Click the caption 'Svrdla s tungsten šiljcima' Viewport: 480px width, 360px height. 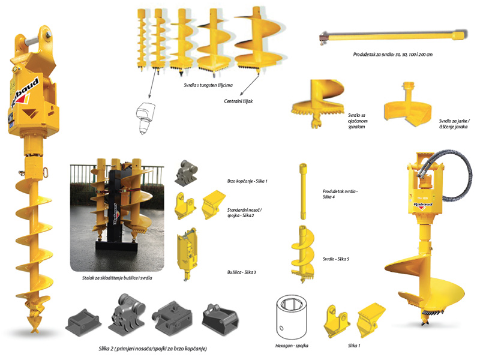(x=208, y=85)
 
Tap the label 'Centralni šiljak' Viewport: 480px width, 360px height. (x=238, y=101)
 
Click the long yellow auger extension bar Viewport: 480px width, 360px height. (x=394, y=35)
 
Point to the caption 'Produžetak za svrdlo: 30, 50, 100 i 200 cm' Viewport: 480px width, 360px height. (x=393, y=55)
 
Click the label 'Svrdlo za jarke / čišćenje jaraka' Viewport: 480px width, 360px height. (x=454, y=124)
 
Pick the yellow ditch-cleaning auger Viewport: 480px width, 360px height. (x=408, y=104)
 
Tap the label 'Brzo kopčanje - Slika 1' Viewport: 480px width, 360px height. (x=247, y=181)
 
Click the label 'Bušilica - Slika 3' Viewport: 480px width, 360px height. (x=242, y=272)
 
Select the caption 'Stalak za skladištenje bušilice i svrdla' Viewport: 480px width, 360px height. (x=117, y=278)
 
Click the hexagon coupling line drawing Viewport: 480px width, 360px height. (x=291, y=317)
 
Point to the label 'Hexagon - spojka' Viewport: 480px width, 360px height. (x=292, y=346)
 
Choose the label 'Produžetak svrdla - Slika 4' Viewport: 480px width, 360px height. (x=340, y=194)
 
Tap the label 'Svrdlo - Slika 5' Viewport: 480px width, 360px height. (x=336, y=259)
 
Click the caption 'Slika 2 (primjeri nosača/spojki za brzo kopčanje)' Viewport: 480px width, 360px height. (x=153, y=349)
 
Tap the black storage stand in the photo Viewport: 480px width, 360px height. (x=116, y=211)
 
